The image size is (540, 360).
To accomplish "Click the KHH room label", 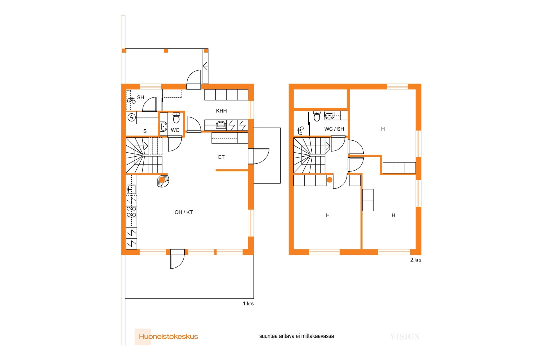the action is [221, 111].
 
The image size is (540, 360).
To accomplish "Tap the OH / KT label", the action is [184, 212].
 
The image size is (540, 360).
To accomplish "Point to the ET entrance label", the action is [221, 157].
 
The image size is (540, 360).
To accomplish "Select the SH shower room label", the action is [141, 97].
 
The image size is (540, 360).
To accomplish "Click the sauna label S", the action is [145, 131].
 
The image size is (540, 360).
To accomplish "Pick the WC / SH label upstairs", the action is [334, 129].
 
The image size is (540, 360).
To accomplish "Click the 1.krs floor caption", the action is [248, 303].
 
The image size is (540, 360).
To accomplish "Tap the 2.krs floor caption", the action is [416, 260].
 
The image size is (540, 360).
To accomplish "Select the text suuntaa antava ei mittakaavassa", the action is [296, 336].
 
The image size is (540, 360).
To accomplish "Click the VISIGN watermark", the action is [405, 337].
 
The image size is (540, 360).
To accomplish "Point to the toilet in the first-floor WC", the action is [176, 118].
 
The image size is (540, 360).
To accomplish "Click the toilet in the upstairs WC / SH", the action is [317, 116].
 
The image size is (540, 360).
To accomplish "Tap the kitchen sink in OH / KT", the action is [131, 189].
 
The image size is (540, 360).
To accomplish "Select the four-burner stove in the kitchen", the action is [131, 211].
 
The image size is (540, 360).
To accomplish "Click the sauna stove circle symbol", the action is [132, 117].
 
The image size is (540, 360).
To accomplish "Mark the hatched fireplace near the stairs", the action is [163, 181].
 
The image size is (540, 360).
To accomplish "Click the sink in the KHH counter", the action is [221, 125].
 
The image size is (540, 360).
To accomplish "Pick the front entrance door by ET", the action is [258, 156].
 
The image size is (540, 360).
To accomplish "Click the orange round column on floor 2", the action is [329, 179].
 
